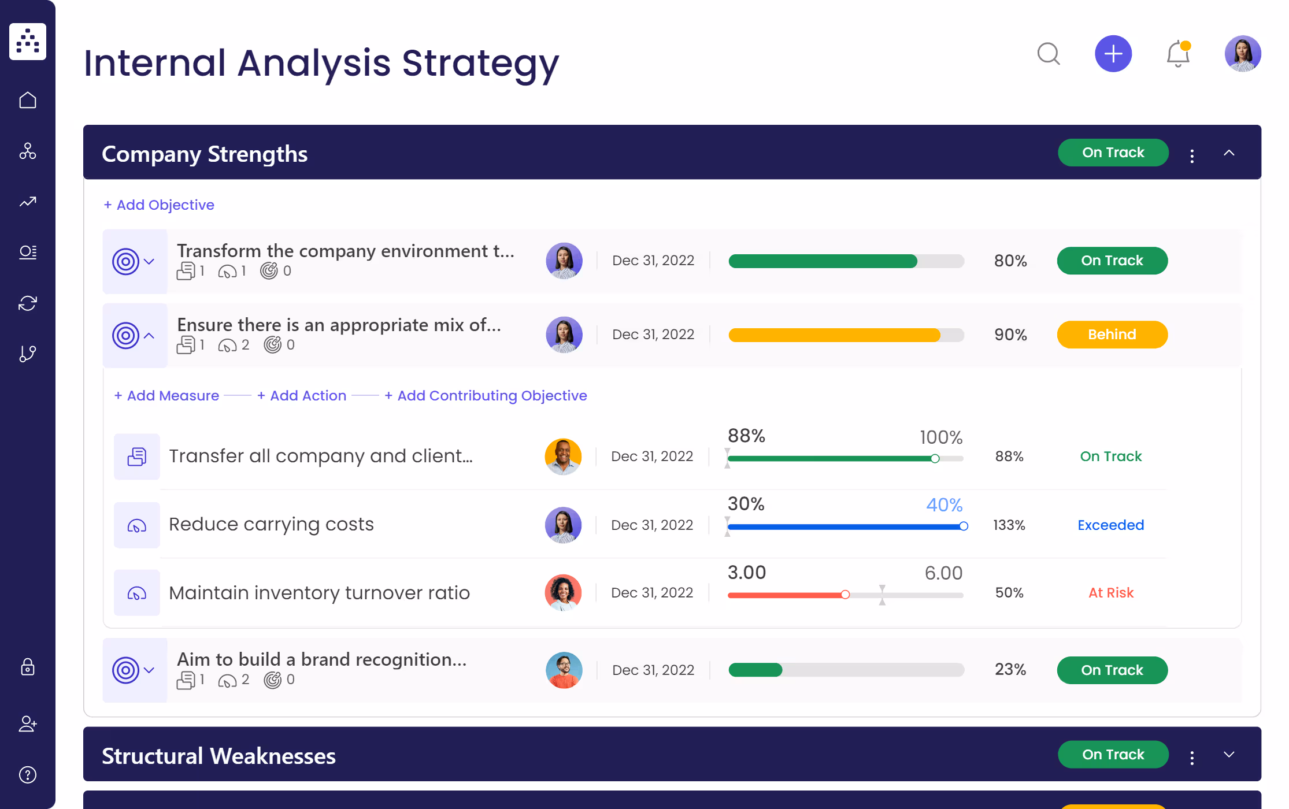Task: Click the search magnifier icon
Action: [x=1048, y=54]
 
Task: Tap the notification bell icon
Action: [x=1177, y=54]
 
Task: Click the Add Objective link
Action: [x=159, y=205]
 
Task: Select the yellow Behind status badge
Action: [x=1112, y=335]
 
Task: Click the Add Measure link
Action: [x=167, y=396]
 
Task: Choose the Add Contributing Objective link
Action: [x=486, y=396]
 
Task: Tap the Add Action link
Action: [x=302, y=396]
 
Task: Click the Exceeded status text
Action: [x=1110, y=525]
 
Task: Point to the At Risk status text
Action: [x=1110, y=593]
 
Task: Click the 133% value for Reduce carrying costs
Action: [x=1009, y=525]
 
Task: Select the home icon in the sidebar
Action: [x=28, y=101]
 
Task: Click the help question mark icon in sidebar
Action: [x=28, y=774]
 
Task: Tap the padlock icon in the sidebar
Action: [x=28, y=667]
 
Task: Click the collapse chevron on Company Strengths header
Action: [x=1229, y=153]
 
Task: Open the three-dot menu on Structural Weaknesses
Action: [x=1192, y=757]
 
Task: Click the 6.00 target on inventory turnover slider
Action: [x=943, y=573]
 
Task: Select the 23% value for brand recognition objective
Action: [x=1010, y=669]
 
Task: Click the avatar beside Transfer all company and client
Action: [x=563, y=457]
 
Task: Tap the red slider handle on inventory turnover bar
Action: [x=845, y=595]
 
